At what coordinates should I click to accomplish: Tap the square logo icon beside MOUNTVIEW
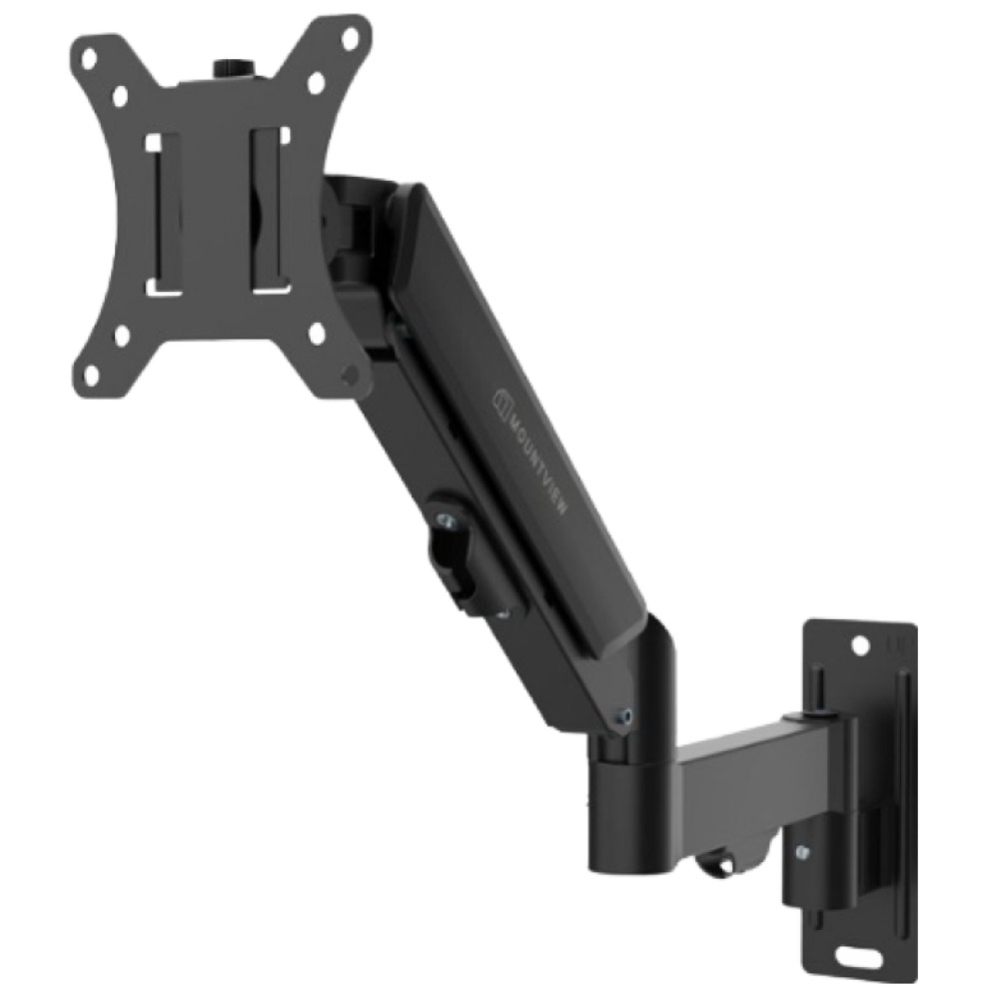tap(501, 402)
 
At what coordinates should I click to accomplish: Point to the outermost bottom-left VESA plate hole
tap(91, 373)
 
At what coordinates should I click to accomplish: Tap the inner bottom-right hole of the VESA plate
tap(318, 333)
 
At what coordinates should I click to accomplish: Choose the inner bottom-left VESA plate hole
tap(121, 335)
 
